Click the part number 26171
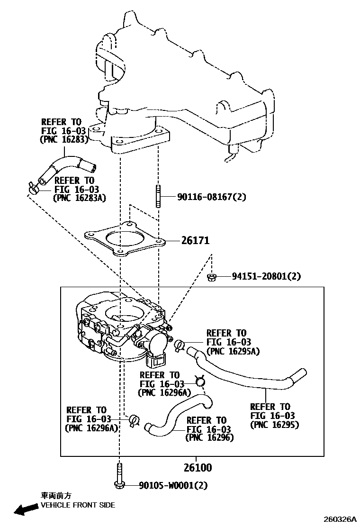[195, 240]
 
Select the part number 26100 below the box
[198, 467]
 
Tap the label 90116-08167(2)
[212, 197]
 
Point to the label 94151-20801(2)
[266, 276]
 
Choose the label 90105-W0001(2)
[173, 485]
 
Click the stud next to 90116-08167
[158, 196]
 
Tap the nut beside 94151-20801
[212, 277]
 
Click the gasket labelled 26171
[125, 239]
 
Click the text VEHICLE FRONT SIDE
[78, 505]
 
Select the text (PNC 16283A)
[80, 198]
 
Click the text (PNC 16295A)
[233, 351]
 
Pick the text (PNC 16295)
[274, 425]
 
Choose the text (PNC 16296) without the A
[209, 437]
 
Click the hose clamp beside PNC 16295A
[180, 345]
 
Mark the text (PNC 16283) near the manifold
[64, 139]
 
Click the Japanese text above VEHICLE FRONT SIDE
[56, 495]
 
